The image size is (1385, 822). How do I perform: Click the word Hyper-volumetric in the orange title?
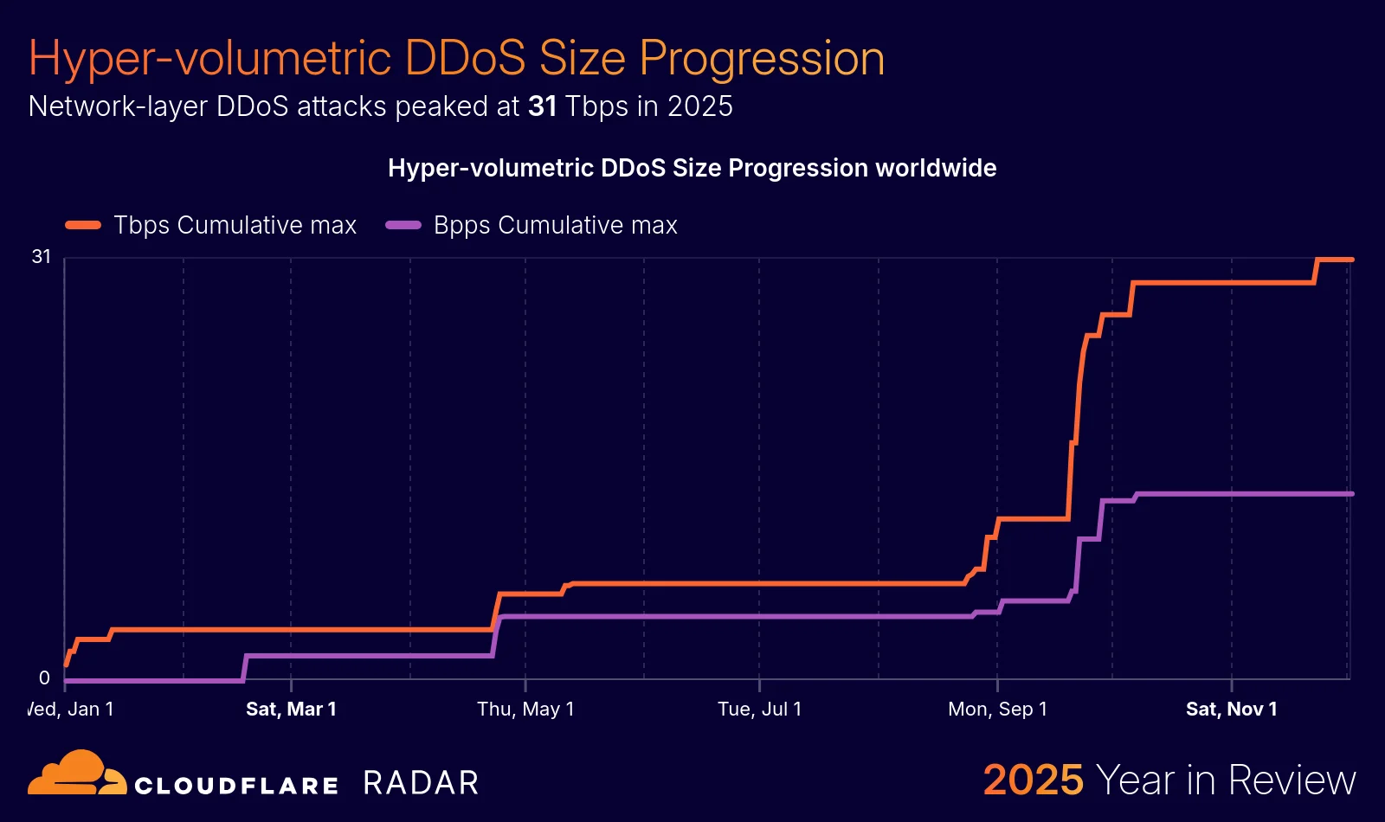click(x=210, y=59)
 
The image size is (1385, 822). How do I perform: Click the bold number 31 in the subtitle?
click(x=542, y=106)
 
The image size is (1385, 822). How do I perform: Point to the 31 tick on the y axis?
click(x=42, y=257)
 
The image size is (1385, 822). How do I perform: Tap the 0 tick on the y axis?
click(x=44, y=678)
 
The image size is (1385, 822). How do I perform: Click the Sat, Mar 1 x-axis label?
click(x=291, y=710)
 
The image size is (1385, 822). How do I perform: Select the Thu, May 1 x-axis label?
click(x=525, y=710)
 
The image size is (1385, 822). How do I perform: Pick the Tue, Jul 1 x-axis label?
click(x=759, y=710)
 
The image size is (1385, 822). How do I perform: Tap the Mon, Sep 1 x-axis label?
click(x=997, y=710)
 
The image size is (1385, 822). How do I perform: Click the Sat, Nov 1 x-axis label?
click(x=1231, y=710)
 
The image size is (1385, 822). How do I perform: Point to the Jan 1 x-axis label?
click(x=72, y=710)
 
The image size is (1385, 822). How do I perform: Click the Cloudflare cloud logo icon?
click(x=76, y=774)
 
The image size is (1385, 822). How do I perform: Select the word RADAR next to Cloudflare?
click(x=421, y=783)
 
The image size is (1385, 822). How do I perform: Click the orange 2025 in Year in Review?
click(x=1033, y=780)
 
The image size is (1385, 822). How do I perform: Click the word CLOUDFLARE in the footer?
click(x=236, y=786)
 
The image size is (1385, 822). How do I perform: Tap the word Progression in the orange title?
click(x=762, y=59)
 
